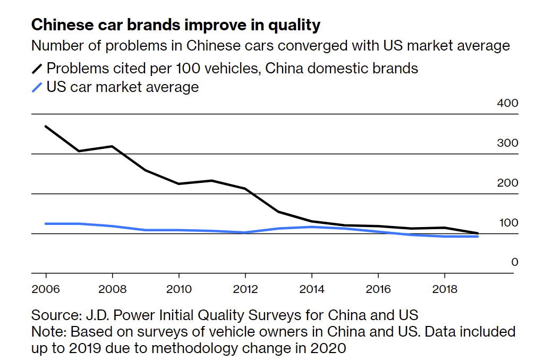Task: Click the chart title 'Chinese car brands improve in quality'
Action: [176, 25]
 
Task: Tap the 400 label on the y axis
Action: [507, 103]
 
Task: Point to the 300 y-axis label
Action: [507, 143]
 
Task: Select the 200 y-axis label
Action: [507, 183]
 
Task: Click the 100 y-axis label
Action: [507, 223]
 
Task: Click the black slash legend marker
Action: [37, 69]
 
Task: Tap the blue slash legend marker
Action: [37, 87]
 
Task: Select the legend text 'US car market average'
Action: [123, 87]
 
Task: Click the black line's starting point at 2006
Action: [46, 127]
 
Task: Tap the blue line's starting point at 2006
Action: [46, 224]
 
